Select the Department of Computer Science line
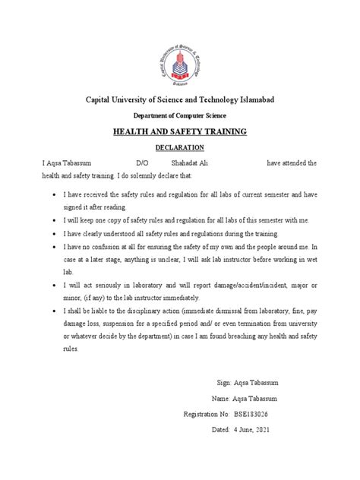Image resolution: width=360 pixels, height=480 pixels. coord(179,115)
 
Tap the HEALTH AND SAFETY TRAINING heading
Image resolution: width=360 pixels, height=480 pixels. coord(180,132)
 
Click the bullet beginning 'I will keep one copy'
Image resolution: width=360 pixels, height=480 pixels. coord(178,219)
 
